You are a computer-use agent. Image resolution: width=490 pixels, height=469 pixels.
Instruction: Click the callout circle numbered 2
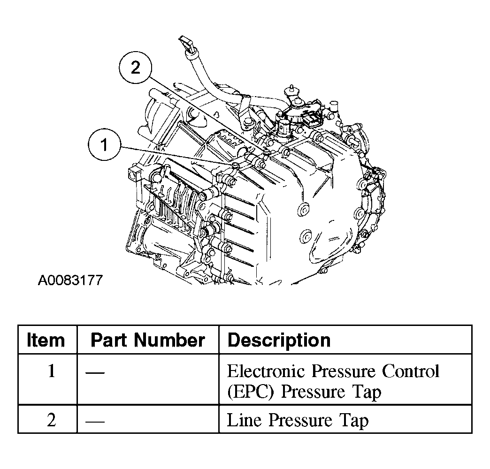click(x=136, y=68)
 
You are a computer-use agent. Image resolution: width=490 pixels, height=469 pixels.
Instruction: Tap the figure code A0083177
click(x=70, y=280)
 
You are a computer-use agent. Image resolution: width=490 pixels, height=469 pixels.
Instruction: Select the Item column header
click(x=46, y=340)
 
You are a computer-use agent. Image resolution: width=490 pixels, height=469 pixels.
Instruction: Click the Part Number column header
click(x=147, y=340)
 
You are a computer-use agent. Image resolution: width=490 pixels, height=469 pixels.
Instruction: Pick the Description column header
click(x=279, y=340)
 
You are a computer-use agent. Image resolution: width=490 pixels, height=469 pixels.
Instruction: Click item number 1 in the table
click(x=52, y=371)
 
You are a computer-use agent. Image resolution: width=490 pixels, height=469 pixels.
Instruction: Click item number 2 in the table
click(x=52, y=420)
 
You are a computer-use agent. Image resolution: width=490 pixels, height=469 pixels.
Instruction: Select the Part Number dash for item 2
click(x=95, y=421)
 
